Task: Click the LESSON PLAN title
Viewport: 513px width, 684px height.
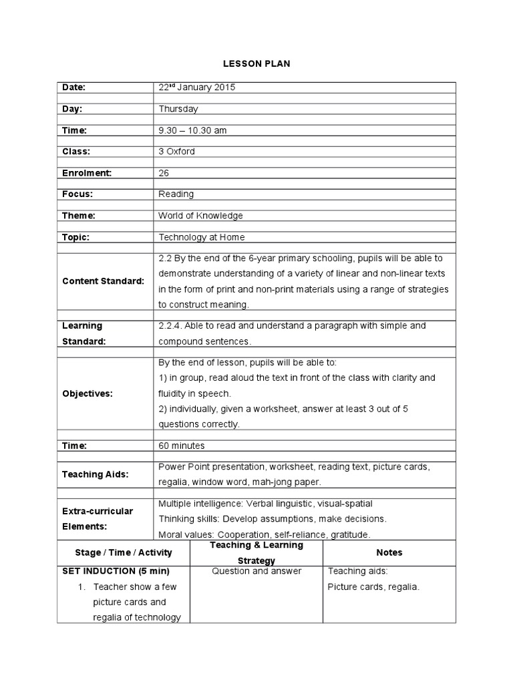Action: coord(256,63)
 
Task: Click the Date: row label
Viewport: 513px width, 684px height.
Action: coord(75,88)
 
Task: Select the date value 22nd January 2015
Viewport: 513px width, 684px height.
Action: coord(197,88)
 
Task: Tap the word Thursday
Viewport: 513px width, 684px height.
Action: coord(178,109)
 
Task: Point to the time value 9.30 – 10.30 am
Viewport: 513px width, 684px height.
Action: coord(192,130)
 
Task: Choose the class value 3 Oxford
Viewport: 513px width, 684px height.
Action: coord(177,152)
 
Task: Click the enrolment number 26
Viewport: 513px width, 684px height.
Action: coord(164,173)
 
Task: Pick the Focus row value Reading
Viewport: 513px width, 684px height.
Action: coord(176,194)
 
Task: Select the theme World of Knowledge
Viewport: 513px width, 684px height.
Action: coord(200,216)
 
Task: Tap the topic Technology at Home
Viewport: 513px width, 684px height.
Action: coord(202,237)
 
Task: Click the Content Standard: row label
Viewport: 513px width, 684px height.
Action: coord(103,281)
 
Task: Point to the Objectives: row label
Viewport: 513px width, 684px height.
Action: coord(88,394)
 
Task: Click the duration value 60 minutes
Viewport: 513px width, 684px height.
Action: coord(182,446)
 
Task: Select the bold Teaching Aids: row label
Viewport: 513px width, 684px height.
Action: coord(95,474)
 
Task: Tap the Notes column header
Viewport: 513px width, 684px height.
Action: coord(389,552)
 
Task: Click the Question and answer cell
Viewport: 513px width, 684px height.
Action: coord(256,571)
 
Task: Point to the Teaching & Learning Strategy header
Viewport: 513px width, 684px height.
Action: coord(256,552)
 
